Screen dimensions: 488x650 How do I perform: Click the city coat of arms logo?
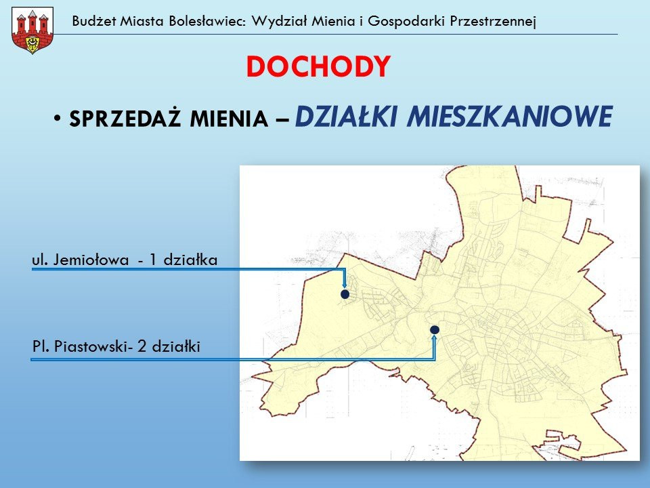coord(32,30)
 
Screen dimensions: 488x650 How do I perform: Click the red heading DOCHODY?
coord(318,66)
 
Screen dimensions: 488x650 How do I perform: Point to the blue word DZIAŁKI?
coord(347,117)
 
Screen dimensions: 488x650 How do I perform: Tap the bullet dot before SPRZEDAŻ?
coord(59,119)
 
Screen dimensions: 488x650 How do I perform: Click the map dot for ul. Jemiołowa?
coord(345,295)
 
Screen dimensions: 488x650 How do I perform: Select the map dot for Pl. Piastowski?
coord(435,329)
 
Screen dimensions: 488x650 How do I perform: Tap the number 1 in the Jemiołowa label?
coord(153,260)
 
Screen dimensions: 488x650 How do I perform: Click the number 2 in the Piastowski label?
coord(142,347)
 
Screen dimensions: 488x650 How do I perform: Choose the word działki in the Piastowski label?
coord(175,347)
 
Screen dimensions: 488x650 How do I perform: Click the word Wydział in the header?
coord(275,20)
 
